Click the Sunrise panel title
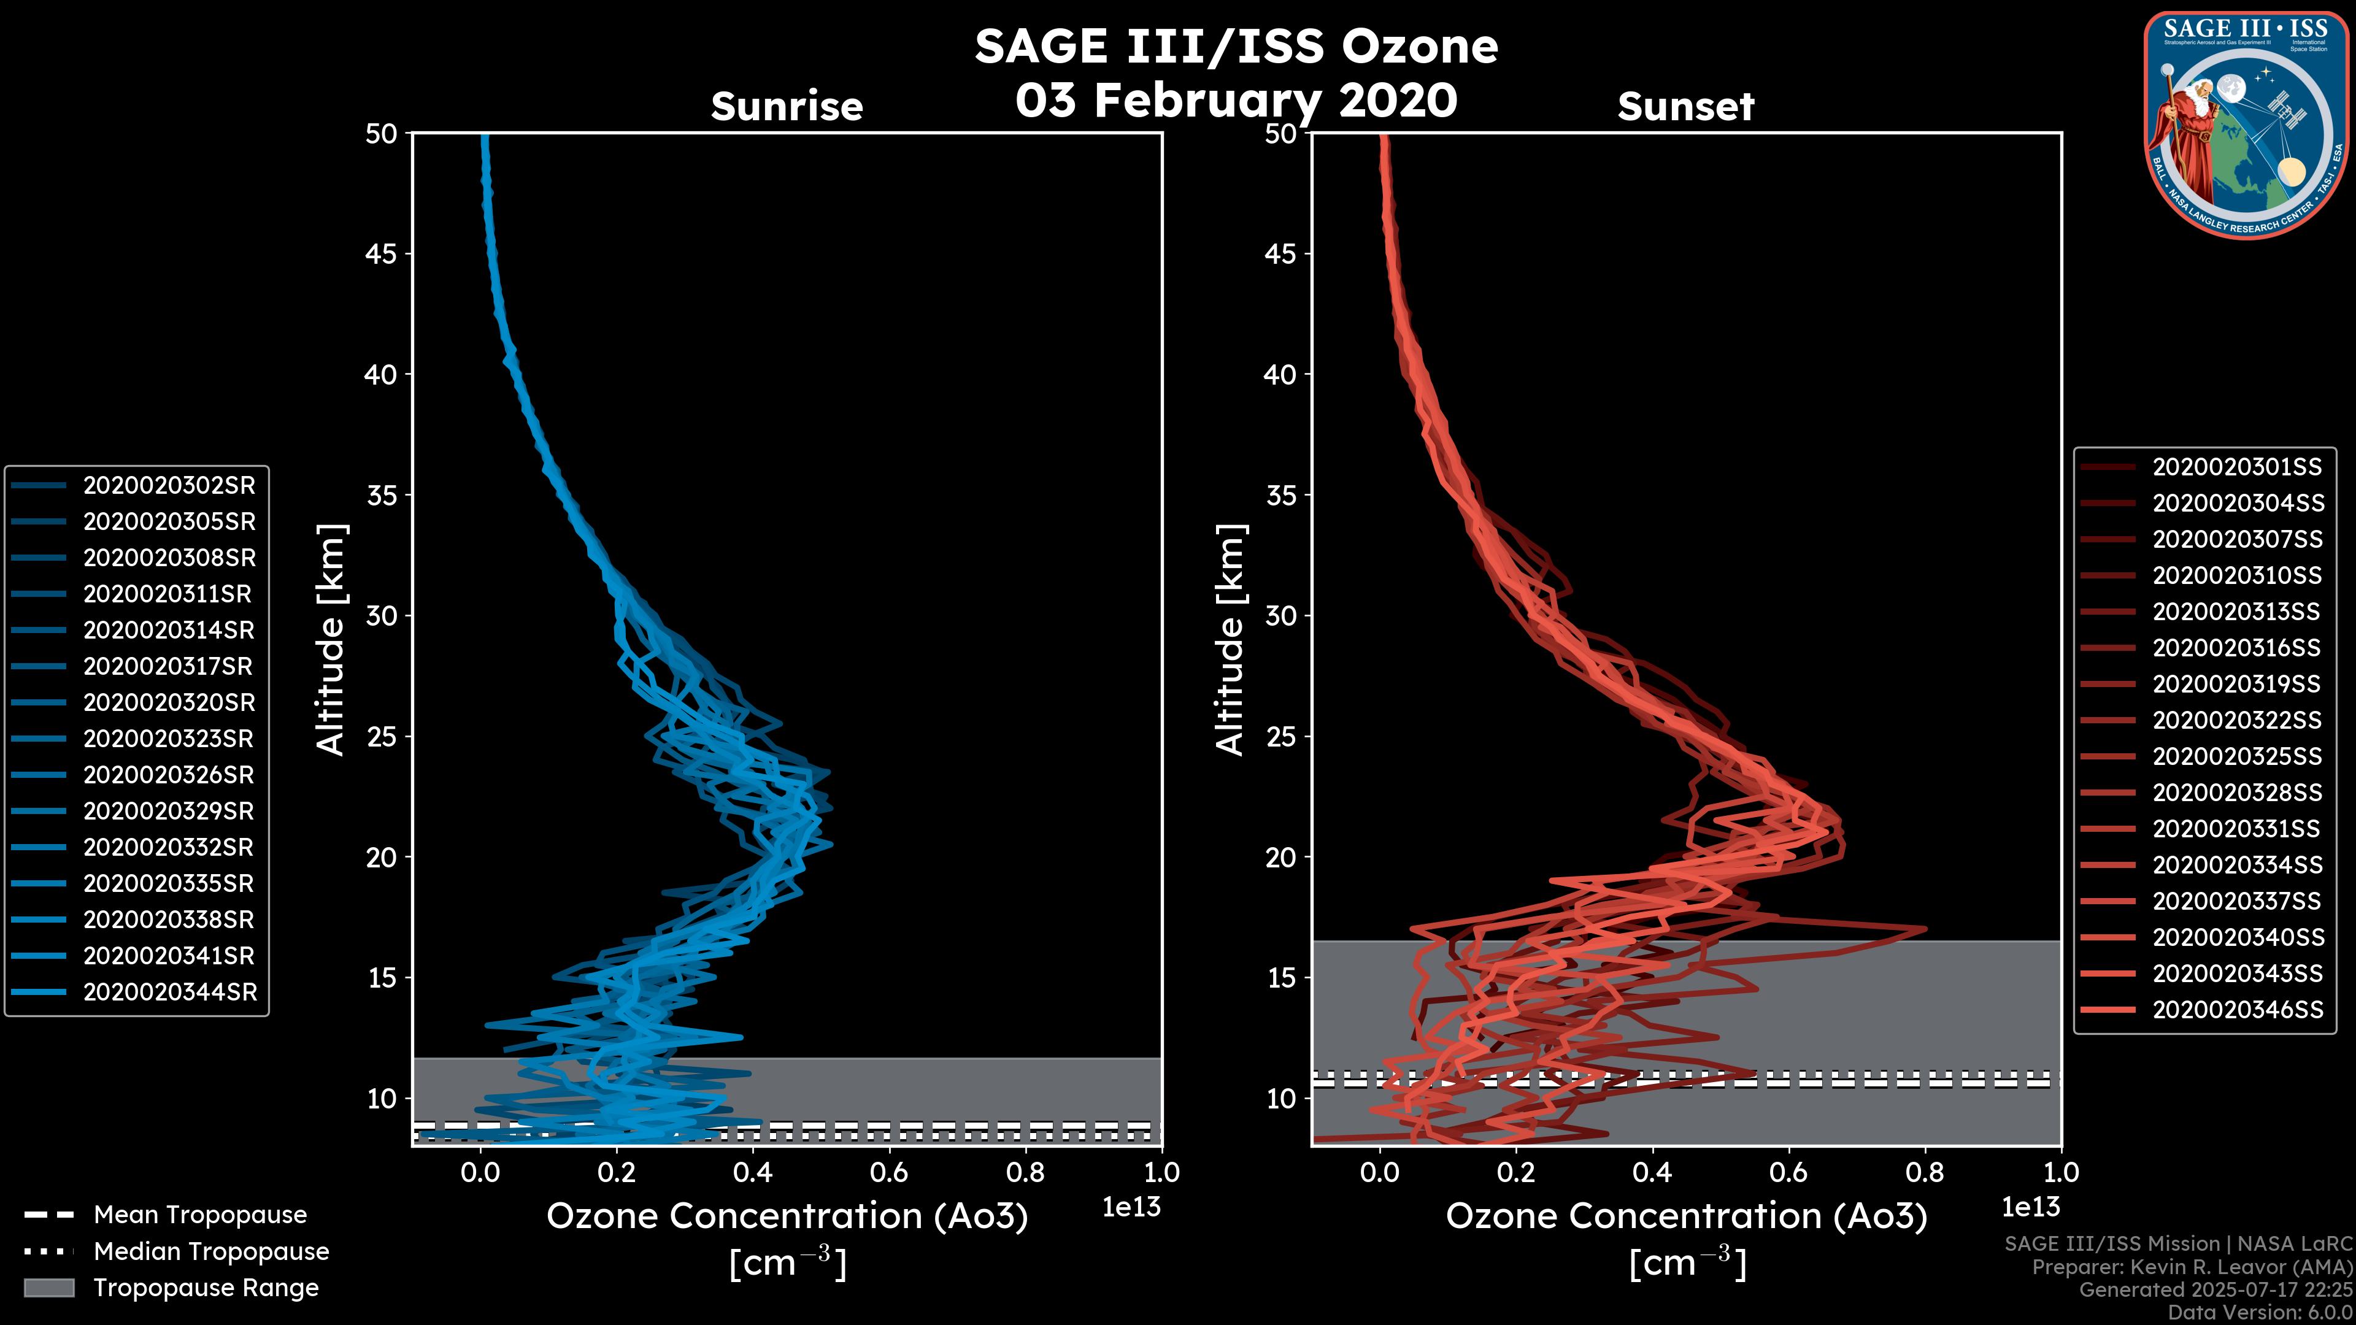[x=787, y=106]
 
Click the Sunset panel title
[x=1685, y=106]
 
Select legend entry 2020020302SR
[x=169, y=486]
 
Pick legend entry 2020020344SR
[x=170, y=992]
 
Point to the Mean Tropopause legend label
[x=200, y=1215]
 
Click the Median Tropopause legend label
[x=211, y=1252]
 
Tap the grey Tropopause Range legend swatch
[x=48, y=1288]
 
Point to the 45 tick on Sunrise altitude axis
[x=382, y=254]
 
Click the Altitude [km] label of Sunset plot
[x=1231, y=640]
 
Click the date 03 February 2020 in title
[x=1236, y=99]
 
